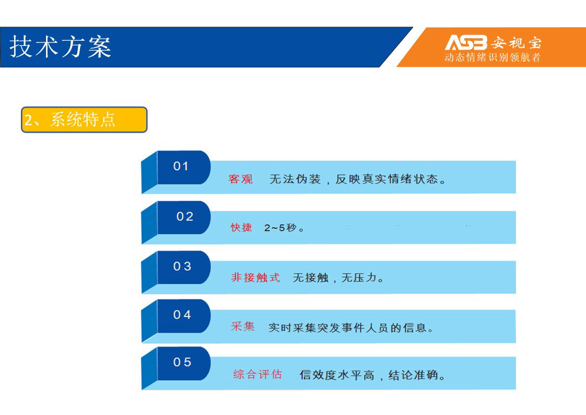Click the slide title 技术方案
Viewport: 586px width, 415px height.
click(61, 47)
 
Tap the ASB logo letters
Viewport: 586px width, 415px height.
click(466, 42)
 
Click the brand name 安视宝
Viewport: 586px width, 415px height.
click(516, 43)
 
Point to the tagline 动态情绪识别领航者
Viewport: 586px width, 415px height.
click(493, 57)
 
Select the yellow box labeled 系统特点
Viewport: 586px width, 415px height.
click(84, 120)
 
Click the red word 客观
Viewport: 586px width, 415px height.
click(241, 179)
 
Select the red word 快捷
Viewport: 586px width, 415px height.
click(241, 227)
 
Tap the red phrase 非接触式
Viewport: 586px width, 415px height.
click(255, 278)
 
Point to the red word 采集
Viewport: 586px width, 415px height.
click(243, 326)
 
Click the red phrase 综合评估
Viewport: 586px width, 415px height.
click(257, 374)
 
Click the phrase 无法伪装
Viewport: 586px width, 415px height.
click(295, 179)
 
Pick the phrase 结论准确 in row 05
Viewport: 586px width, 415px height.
click(413, 375)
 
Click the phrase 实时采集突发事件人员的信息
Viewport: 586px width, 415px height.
click(347, 328)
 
